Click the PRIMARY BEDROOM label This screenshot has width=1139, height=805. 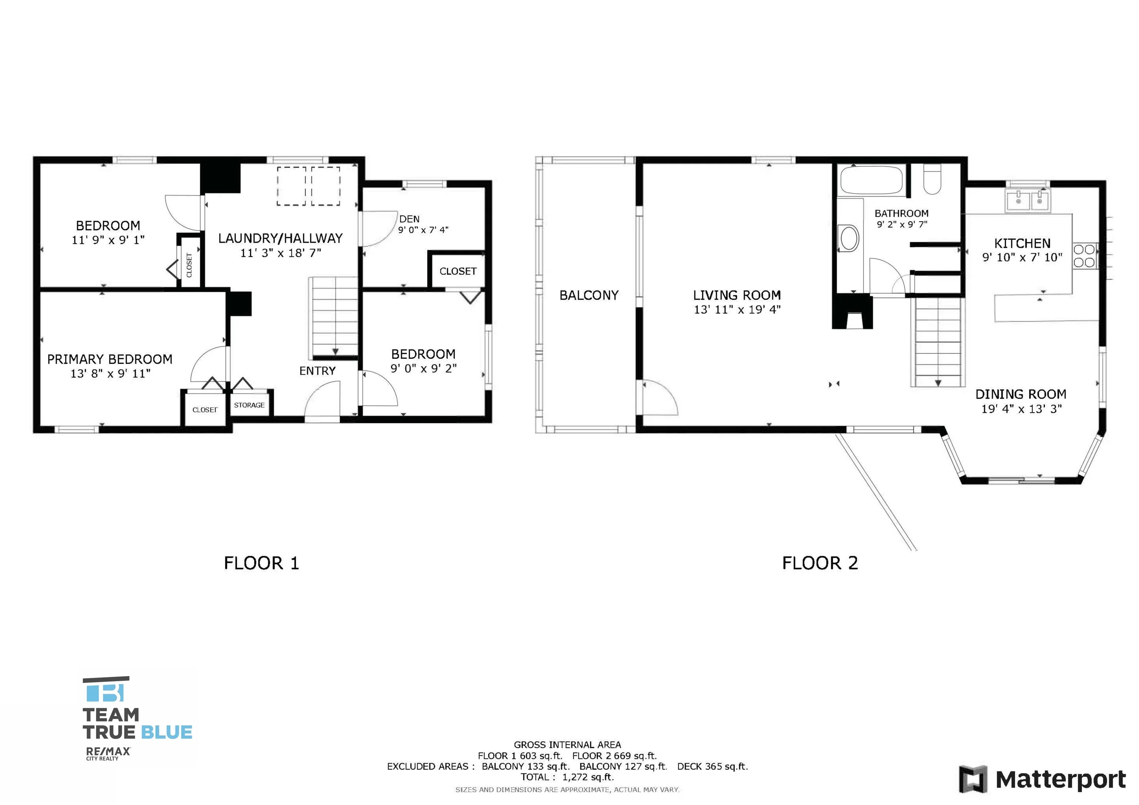pyautogui.click(x=110, y=359)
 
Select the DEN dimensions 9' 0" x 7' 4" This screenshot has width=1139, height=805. pyautogui.click(x=423, y=230)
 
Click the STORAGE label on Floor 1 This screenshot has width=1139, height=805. pyautogui.click(x=249, y=405)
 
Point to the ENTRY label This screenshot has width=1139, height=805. pyautogui.click(x=317, y=371)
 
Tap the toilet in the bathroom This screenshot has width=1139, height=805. pyautogui.click(x=932, y=179)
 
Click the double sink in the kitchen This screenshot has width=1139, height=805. pyautogui.click(x=1027, y=201)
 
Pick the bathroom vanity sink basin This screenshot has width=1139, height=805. pyautogui.click(x=849, y=238)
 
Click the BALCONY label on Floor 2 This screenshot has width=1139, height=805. pyautogui.click(x=589, y=296)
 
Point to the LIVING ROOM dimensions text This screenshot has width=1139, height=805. pyautogui.click(x=737, y=310)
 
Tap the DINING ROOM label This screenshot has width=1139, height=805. pyautogui.click(x=1021, y=394)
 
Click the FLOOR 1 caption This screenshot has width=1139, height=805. pyautogui.click(x=261, y=563)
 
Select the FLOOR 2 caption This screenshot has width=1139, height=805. pyautogui.click(x=820, y=563)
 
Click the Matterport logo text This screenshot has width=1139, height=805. pyautogui.click(x=1061, y=780)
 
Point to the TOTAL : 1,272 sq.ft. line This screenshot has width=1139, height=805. pyautogui.click(x=567, y=777)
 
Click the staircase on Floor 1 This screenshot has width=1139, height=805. pyautogui.click(x=334, y=317)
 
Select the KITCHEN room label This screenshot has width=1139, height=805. pyautogui.click(x=1023, y=244)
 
